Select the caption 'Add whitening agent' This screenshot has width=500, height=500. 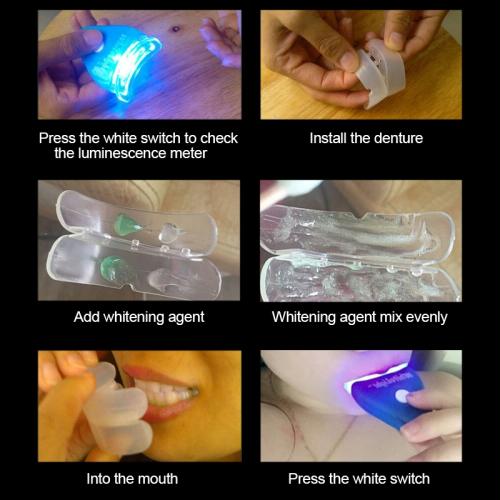click(x=139, y=317)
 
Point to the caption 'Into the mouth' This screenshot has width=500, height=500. click(x=132, y=479)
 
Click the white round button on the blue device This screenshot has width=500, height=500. click(x=402, y=396)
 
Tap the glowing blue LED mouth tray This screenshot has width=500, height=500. click(x=122, y=62)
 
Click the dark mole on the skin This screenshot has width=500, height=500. click(x=175, y=29)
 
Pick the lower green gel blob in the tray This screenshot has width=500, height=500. click(x=113, y=267)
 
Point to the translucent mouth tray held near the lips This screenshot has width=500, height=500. click(x=115, y=410)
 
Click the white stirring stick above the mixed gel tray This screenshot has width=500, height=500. click(x=287, y=193)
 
